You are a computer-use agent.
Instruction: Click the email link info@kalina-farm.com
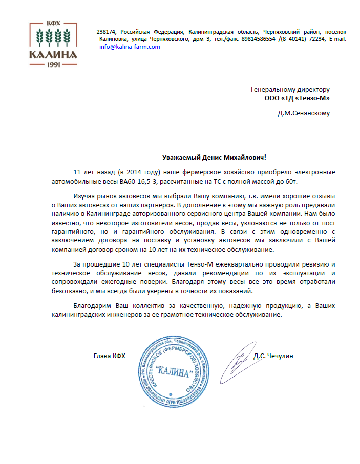pos(130,47)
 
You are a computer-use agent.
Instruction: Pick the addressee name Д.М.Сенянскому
pos(304,113)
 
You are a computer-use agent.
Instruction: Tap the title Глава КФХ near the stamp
pos(109,356)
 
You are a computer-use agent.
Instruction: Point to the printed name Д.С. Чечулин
pos(273,356)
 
